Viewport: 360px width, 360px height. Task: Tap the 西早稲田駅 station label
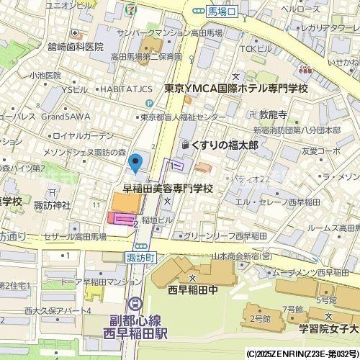click(134, 333)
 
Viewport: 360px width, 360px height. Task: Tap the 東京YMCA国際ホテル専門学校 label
click(235, 89)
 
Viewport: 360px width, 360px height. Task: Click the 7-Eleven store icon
click(130, 9)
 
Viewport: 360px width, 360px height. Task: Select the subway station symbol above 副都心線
click(135, 305)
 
